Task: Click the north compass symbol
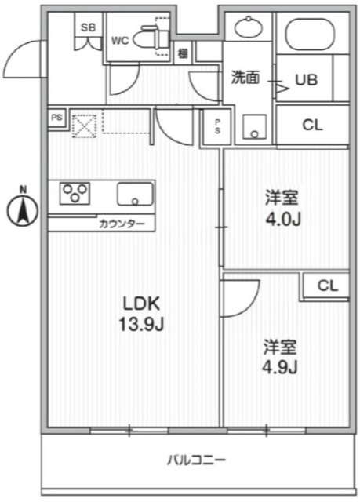click(24, 208)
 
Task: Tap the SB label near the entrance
click(89, 27)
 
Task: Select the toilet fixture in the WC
click(147, 36)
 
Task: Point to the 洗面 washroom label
click(245, 78)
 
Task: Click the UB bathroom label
click(306, 78)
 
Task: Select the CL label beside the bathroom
click(312, 125)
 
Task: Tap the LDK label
click(141, 304)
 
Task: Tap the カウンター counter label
click(122, 224)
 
